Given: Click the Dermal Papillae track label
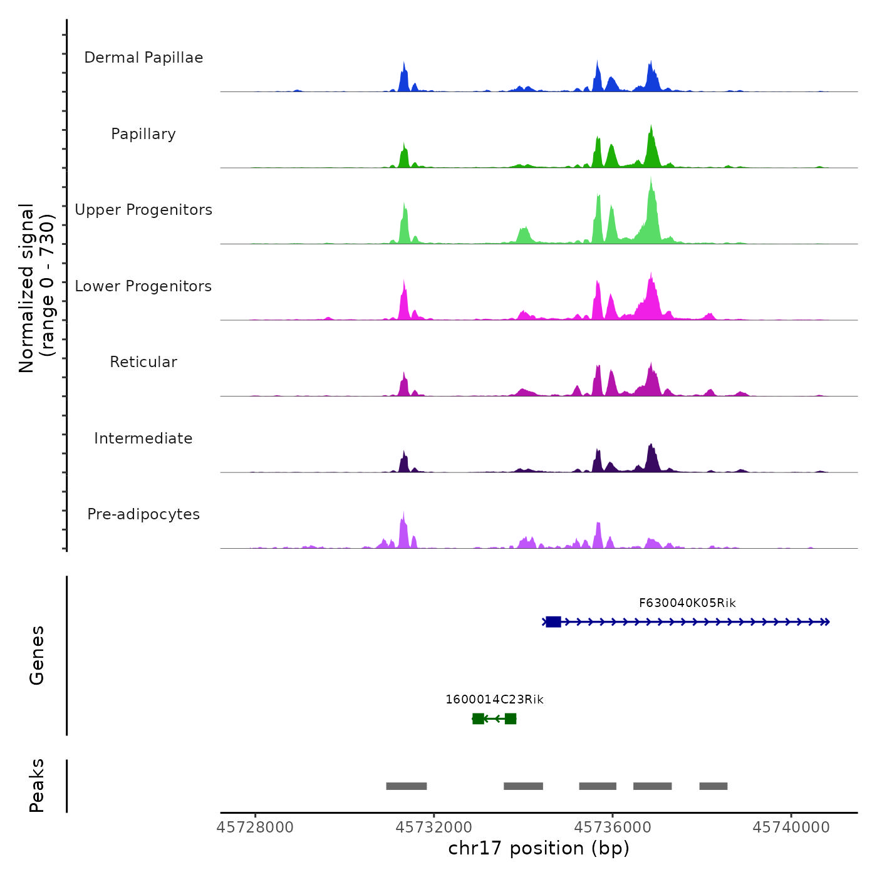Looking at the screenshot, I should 143,58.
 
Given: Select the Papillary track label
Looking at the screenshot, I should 143,134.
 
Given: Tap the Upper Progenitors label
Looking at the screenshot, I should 143,210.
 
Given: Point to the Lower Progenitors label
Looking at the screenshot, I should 143,286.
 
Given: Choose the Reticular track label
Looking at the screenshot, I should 143,362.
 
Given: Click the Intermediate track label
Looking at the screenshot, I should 143,438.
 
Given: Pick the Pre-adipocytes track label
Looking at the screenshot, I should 143,514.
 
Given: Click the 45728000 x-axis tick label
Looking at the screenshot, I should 255,828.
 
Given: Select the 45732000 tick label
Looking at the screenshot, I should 434,828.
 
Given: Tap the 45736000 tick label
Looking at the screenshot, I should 613,828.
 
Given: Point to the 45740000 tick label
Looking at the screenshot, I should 791,828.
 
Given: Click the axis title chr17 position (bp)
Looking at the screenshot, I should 539,849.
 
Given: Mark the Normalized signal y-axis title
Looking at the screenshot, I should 36,288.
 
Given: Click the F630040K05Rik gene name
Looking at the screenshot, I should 687,603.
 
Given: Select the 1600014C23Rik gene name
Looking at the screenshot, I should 494,700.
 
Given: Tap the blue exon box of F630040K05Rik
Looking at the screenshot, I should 553,622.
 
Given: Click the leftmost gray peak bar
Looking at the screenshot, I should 407,786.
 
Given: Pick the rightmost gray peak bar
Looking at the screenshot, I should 714,786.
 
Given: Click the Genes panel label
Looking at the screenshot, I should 37,655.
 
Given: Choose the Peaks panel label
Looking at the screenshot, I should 37,786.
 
